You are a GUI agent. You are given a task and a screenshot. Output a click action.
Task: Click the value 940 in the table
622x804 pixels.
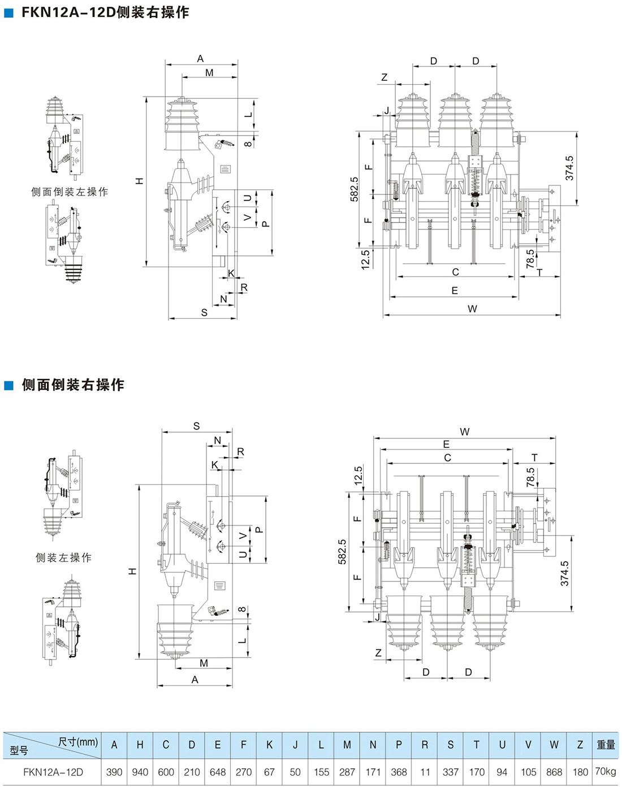point(140,772)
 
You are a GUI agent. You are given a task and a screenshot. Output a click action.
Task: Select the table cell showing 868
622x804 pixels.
point(554,772)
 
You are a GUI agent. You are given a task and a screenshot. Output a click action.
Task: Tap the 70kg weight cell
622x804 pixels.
point(606,771)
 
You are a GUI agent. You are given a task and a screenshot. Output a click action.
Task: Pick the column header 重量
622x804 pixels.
point(606,745)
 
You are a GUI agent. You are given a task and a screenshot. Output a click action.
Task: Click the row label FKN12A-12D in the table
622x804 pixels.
point(53,772)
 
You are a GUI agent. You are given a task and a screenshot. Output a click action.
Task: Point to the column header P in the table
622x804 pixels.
point(399,745)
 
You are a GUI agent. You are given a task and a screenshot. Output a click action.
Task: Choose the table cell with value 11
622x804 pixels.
point(425,772)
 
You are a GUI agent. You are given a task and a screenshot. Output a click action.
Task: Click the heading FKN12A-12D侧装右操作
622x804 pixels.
point(106,12)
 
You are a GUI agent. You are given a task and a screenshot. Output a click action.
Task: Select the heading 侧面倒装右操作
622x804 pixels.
point(73,385)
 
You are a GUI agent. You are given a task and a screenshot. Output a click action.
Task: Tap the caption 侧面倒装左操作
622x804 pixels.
point(70,192)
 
